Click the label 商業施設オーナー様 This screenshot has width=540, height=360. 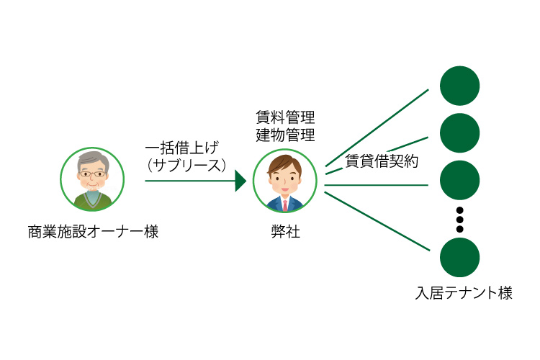pyautogui.click(x=93, y=233)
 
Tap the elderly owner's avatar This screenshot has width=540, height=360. pyautogui.click(x=92, y=179)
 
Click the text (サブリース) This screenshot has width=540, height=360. pyautogui.click(x=186, y=165)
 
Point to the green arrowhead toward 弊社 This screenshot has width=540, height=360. pyautogui.click(x=240, y=181)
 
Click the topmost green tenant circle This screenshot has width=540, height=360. pyautogui.click(x=459, y=86)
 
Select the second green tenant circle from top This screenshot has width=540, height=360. pyautogui.click(x=459, y=132)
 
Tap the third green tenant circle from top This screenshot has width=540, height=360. pyautogui.click(x=459, y=181)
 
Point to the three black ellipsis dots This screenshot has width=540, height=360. pyautogui.click(x=459, y=220)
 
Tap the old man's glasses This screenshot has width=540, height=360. pyautogui.click(x=91, y=174)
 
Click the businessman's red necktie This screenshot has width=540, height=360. pyautogui.click(x=285, y=205)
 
